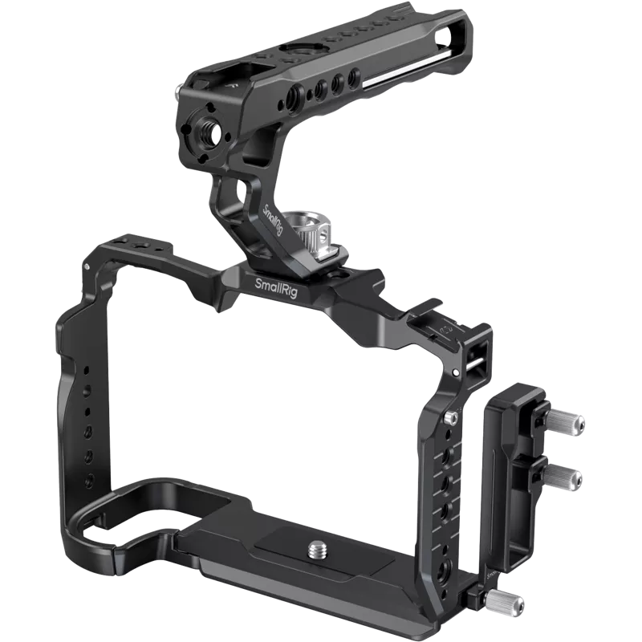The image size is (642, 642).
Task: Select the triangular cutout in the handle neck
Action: (x=238, y=193)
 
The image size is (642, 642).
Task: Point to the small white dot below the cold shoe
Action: (x=456, y=373)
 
